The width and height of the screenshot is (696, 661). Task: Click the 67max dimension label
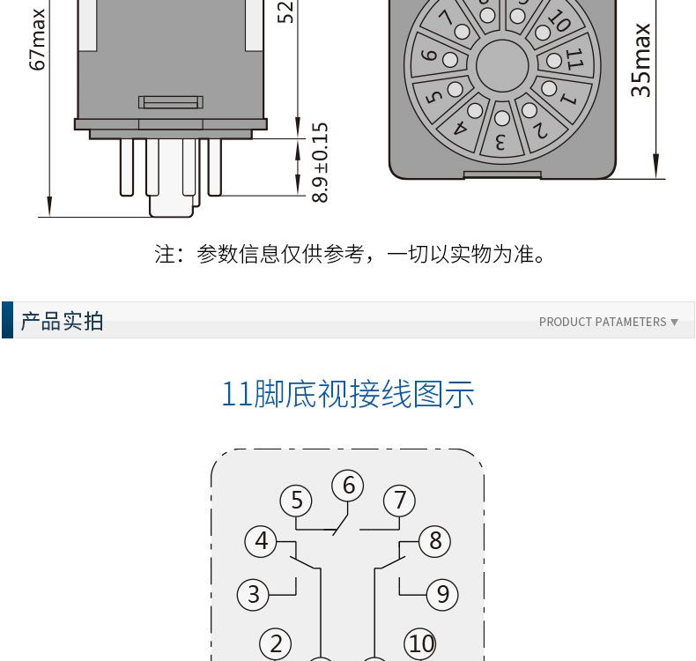click(x=37, y=39)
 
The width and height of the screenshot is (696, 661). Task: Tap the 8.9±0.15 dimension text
click(x=320, y=162)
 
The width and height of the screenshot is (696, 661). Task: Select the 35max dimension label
click(x=640, y=60)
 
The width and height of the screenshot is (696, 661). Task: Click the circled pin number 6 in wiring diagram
click(x=348, y=486)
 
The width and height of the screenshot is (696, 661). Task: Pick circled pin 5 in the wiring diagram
click(x=296, y=501)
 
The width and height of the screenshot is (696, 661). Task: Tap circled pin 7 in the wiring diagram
click(x=399, y=501)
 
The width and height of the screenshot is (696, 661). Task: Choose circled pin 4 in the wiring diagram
click(x=261, y=540)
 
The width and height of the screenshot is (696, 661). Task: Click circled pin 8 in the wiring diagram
click(x=435, y=540)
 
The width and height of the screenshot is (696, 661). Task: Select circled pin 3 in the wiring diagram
click(x=254, y=594)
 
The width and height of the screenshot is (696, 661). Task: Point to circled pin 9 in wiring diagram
click(x=442, y=594)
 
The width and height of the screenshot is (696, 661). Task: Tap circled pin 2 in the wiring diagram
click(x=276, y=643)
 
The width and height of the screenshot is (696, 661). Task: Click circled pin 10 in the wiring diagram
click(x=420, y=643)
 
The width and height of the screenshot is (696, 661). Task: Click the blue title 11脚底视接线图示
click(x=348, y=394)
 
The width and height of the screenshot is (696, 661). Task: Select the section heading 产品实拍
click(x=62, y=321)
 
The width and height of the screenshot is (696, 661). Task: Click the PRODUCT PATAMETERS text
click(x=603, y=322)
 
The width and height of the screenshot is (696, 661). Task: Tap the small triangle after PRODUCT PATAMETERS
click(x=674, y=323)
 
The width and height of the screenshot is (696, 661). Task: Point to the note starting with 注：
click(x=350, y=254)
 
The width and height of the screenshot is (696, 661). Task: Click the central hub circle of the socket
click(x=502, y=66)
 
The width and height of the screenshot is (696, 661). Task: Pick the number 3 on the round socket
click(x=500, y=143)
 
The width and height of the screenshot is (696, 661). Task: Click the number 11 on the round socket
click(x=574, y=58)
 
